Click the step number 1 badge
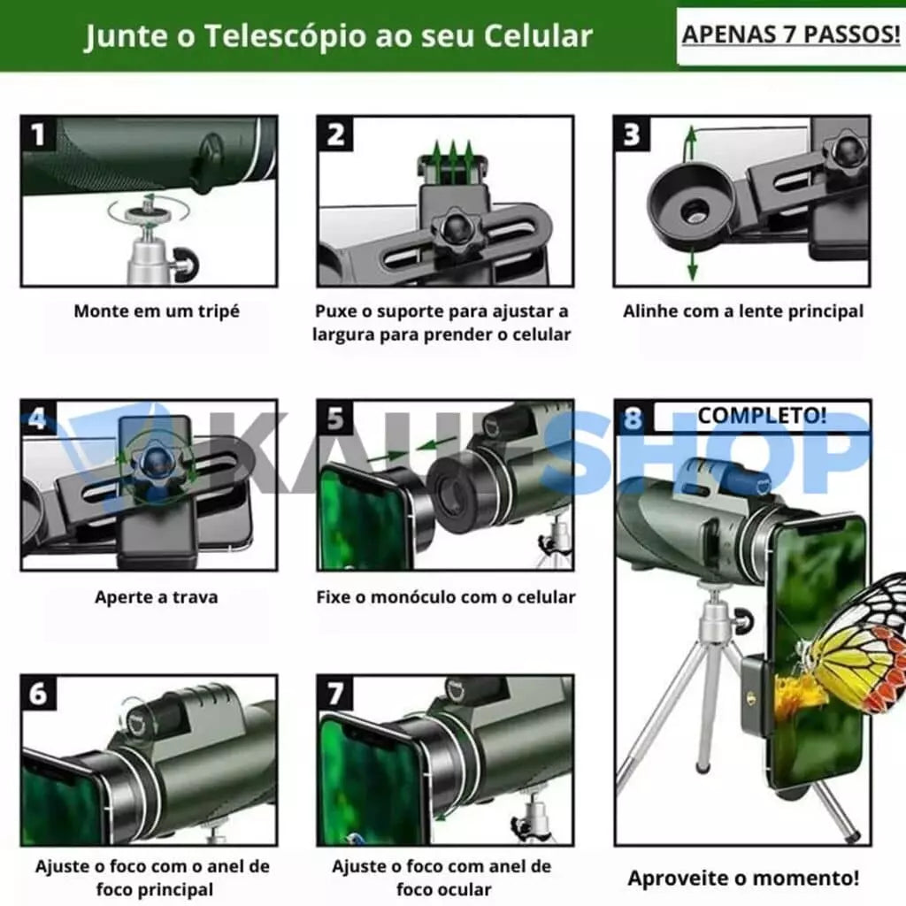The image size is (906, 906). [38, 134]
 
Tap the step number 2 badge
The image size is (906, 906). [335, 134]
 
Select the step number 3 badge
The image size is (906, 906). [632, 134]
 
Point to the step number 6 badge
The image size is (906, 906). [38, 693]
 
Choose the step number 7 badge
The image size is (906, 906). [335, 693]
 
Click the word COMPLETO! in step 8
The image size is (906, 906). [762, 416]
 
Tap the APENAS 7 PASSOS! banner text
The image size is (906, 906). [791, 35]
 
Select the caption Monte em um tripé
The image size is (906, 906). [157, 311]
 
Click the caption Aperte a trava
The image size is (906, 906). [157, 597]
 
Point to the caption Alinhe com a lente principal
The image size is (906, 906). [743, 311]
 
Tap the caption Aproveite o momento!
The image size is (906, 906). [743, 879]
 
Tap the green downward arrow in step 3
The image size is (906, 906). [692, 265]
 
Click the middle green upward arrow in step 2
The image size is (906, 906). [453, 155]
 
